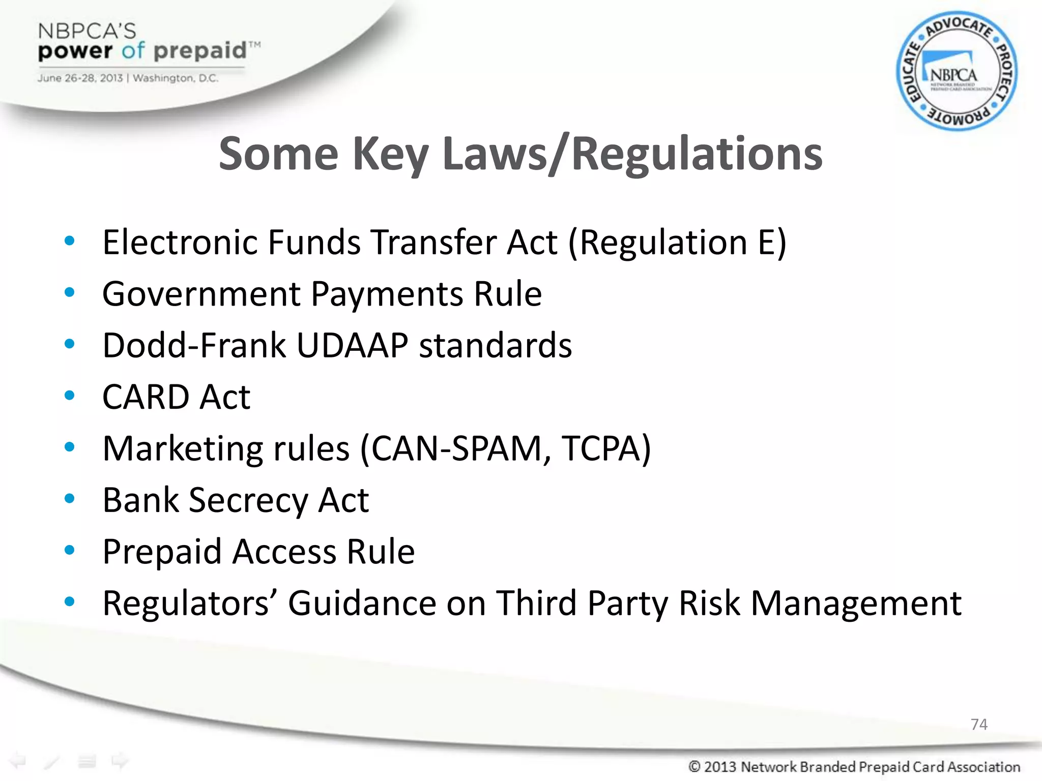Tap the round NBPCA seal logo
tap(957, 71)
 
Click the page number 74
tap(979, 724)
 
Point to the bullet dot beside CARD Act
tap(70, 395)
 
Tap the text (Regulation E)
tap(677, 243)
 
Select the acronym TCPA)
tap(606, 448)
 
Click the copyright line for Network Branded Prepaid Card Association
tap(854, 766)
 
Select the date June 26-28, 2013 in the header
tap(80, 78)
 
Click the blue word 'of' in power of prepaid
tap(133, 51)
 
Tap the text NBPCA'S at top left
tap(87, 31)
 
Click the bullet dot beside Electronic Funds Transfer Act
tap(70, 241)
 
